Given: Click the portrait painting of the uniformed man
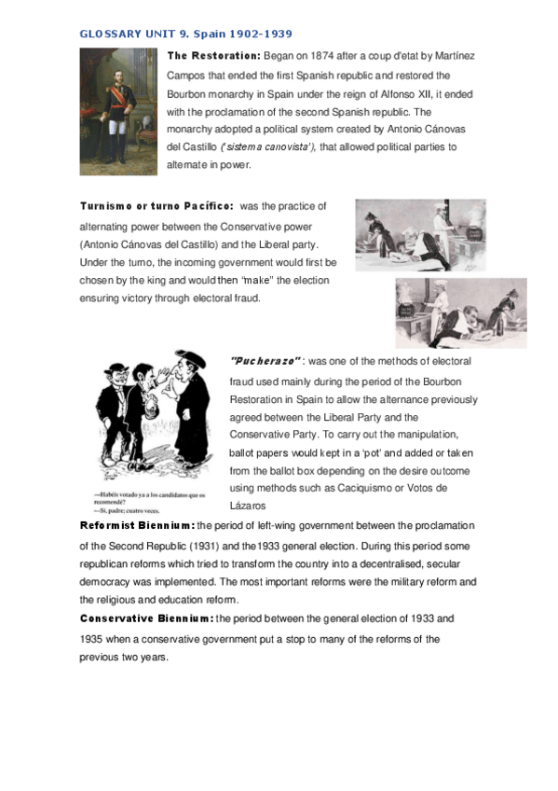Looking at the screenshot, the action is tap(118, 106).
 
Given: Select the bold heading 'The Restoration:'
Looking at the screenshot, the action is tap(213, 56).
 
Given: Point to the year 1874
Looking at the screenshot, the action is tap(331, 56).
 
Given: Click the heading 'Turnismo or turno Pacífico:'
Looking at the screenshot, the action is tap(156, 205).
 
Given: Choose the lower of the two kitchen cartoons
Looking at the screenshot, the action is tap(460, 312).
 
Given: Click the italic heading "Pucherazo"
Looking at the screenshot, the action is tap(264, 361).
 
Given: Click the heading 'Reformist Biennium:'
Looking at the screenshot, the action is tap(137, 526).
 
